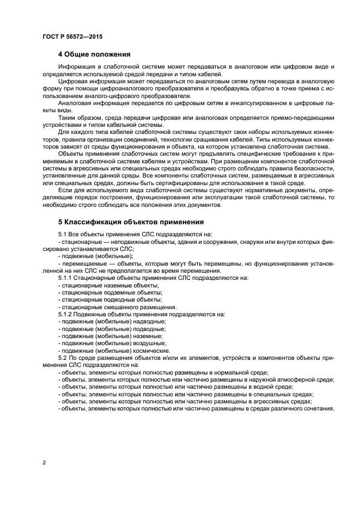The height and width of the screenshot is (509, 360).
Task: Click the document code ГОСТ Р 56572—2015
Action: (72, 36)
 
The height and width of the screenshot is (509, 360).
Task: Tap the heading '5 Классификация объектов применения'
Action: (131, 222)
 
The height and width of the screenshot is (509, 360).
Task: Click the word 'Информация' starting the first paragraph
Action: (77, 67)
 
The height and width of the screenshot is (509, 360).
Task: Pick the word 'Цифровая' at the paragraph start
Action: (74, 81)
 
